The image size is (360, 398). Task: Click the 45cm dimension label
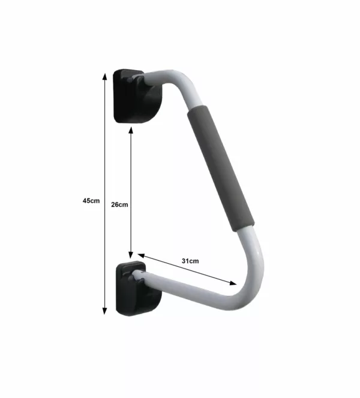point(91,200)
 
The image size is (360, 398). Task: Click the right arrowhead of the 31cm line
point(233,282)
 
